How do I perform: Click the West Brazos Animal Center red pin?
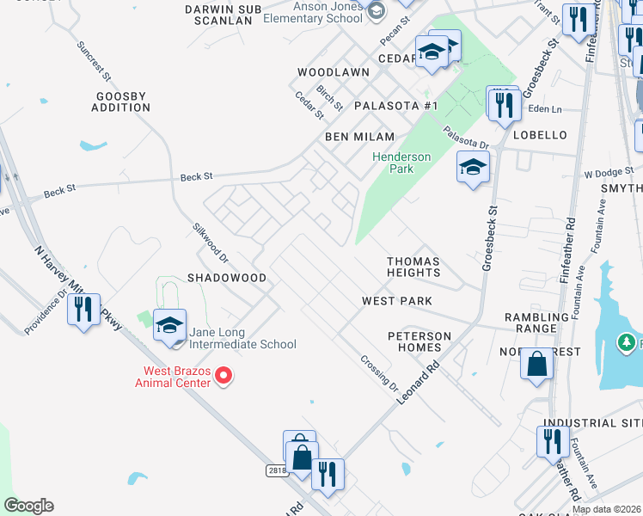click(x=224, y=375)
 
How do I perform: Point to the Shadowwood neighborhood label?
click(x=227, y=279)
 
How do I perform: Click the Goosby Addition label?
click(x=121, y=101)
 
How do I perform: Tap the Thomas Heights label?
click(x=413, y=267)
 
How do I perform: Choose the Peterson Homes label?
click(x=419, y=341)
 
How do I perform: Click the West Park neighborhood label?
click(x=396, y=301)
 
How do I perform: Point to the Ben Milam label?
click(x=359, y=137)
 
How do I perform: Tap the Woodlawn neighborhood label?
click(x=334, y=73)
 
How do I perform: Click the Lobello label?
click(x=540, y=135)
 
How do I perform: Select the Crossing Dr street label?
click(x=379, y=374)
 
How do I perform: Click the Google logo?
click(x=28, y=506)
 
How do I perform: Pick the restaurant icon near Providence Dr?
click(x=83, y=308)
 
